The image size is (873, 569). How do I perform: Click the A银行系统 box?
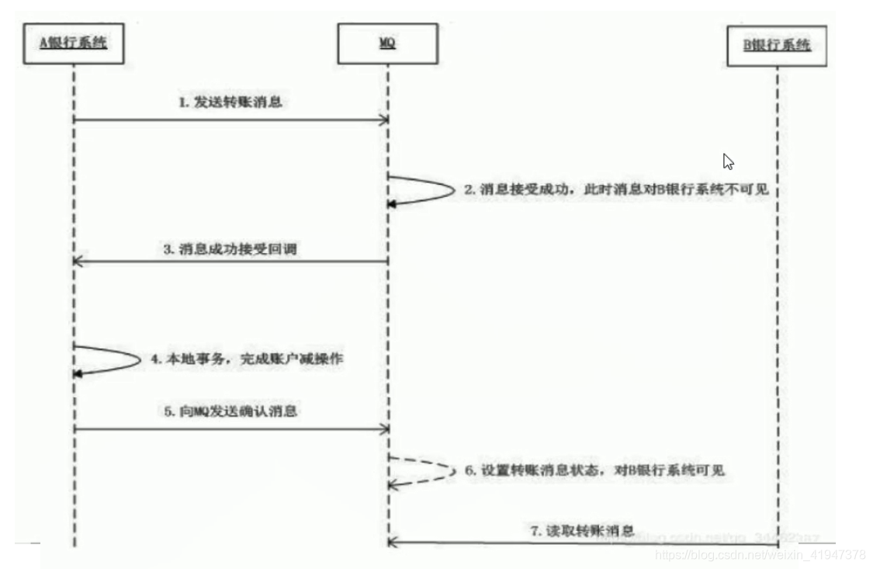click(x=73, y=45)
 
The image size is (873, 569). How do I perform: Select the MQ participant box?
click(x=387, y=45)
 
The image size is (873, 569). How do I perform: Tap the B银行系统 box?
click(x=778, y=47)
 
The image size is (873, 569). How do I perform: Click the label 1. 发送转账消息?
click(x=231, y=102)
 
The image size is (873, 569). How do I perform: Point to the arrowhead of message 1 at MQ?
click(x=383, y=120)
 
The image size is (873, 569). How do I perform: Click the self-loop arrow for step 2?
click(x=435, y=189)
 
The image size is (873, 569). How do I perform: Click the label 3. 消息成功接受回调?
click(x=231, y=248)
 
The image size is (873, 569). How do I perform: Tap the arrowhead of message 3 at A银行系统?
click(x=78, y=262)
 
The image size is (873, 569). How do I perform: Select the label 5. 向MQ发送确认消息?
click(x=231, y=411)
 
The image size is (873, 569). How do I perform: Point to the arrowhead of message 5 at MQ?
click(x=383, y=428)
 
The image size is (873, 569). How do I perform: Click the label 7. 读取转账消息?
click(x=581, y=531)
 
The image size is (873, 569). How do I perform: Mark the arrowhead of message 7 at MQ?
click(x=393, y=541)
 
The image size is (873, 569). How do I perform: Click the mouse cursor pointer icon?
click(x=728, y=161)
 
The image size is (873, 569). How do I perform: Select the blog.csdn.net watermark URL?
click(x=760, y=554)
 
